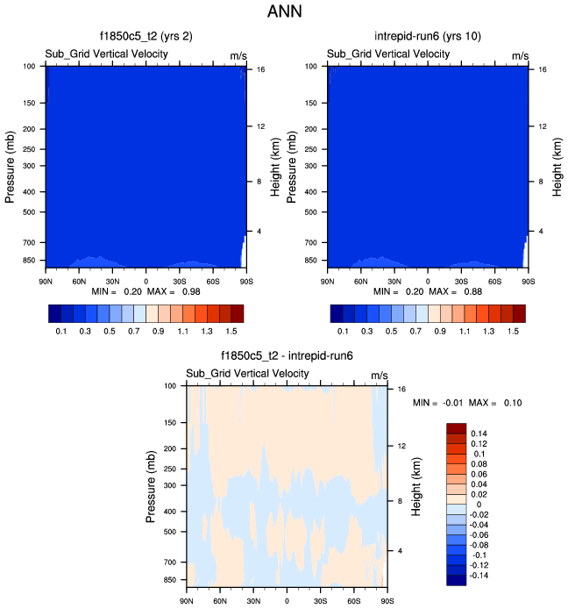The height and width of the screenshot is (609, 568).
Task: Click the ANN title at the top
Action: coord(284,13)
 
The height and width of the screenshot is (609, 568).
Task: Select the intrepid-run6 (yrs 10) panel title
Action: coord(427,38)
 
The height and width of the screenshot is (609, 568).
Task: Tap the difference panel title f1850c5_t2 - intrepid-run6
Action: coord(286,357)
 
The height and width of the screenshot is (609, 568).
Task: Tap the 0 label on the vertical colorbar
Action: coord(474,505)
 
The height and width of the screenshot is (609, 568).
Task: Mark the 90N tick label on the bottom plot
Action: coord(187,601)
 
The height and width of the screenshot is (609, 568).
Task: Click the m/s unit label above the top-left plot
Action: coord(238,55)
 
